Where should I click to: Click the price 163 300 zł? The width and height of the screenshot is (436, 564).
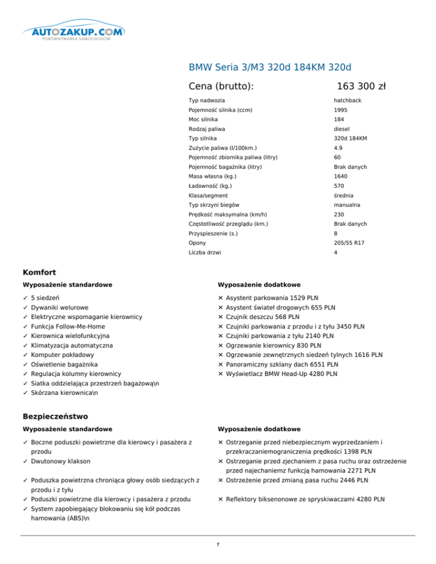(361, 86)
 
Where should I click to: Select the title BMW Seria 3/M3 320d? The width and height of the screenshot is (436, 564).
(273, 67)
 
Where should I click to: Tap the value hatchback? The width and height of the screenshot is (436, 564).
(347, 100)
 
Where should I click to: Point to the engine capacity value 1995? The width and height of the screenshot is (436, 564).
(341, 110)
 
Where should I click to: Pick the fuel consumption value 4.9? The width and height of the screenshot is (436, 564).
(338, 148)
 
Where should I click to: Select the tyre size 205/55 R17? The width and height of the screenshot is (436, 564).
(349, 242)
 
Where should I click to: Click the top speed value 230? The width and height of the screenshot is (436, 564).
(339, 214)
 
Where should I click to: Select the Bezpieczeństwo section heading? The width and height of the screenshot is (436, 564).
(54, 417)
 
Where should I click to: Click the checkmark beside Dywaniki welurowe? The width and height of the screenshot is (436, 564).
(26, 308)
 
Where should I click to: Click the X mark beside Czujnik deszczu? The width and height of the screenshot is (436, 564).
(220, 317)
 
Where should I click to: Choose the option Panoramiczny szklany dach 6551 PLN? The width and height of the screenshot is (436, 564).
(282, 364)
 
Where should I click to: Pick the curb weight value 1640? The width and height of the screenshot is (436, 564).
(341, 176)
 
